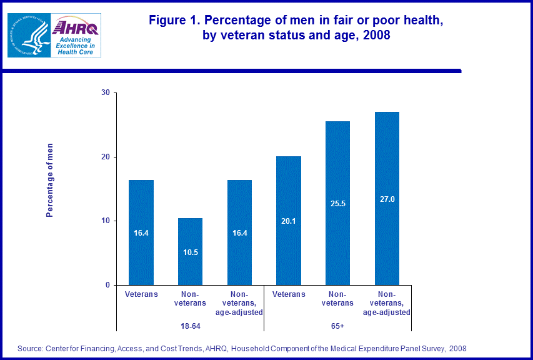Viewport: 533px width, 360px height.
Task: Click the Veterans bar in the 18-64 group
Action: pyautogui.click(x=141, y=232)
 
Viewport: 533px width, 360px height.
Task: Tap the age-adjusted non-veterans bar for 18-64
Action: pyautogui.click(x=239, y=232)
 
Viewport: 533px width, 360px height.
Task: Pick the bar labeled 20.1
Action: pyautogui.click(x=288, y=221)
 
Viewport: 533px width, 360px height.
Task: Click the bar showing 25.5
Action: pyautogui.click(x=337, y=203)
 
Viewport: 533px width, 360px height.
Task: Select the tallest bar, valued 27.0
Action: pyautogui.click(x=387, y=199)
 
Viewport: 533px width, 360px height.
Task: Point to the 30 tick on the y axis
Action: pyautogui.click(x=105, y=93)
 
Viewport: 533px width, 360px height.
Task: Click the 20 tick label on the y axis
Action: pyautogui.click(x=105, y=157)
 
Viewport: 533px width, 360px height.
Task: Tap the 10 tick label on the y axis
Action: pyautogui.click(x=105, y=221)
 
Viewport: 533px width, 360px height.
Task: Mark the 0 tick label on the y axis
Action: pyautogui.click(x=107, y=285)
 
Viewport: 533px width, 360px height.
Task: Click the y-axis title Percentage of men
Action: pyautogui.click(x=50, y=180)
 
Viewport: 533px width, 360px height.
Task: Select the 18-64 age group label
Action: pyautogui.click(x=190, y=326)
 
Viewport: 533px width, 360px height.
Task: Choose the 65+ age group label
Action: pyautogui.click(x=337, y=326)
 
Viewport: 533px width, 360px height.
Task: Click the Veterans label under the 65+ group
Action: pyautogui.click(x=288, y=294)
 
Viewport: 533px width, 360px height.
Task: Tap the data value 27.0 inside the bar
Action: pyautogui.click(x=387, y=199)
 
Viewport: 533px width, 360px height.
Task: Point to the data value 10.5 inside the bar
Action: pyautogui.click(x=190, y=252)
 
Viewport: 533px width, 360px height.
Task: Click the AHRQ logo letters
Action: pyautogui.click(x=75, y=27)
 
